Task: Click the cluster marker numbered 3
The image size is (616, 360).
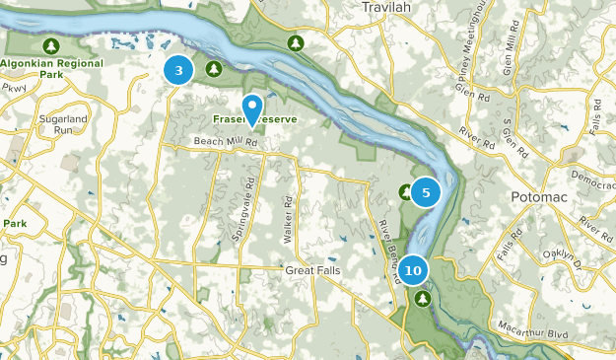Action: coord(178,70)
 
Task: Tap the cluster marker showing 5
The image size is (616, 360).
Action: coord(426,193)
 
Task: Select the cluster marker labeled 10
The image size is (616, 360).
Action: coord(414,269)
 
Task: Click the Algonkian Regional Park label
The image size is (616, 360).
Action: coord(50,67)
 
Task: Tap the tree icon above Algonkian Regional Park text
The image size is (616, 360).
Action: coord(50,45)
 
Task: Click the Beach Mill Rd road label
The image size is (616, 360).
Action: coord(226,142)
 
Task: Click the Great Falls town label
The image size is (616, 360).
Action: coord(312,270)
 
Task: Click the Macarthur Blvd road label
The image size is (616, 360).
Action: coord(529,335)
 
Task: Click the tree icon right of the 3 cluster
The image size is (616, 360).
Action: coord(213,67)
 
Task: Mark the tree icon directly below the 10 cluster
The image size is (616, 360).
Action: coord(422,297)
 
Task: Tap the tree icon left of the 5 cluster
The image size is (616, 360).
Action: coord(405,190)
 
